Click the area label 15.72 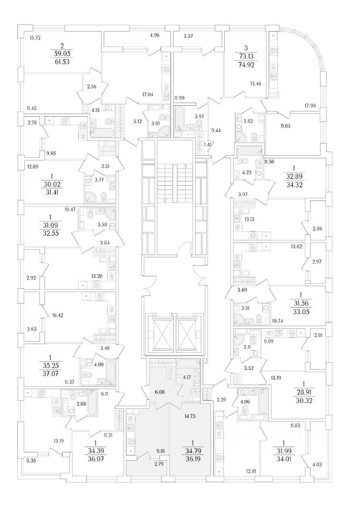point(36,37)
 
